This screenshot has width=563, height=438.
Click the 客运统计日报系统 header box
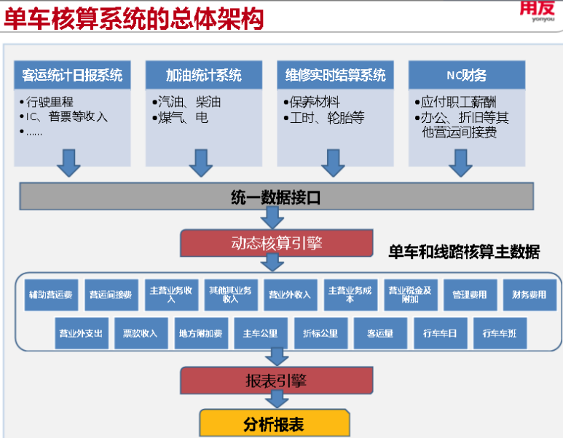(72, 75)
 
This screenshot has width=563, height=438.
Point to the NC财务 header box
(466, 75)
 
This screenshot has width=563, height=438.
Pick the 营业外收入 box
(289, 295)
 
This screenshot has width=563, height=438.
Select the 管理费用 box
(469, 295)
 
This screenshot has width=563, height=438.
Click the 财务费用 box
(529, 295)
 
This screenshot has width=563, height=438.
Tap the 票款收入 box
(140, 333)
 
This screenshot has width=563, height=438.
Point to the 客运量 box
(379, 333)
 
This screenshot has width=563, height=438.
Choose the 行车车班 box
(500, 333)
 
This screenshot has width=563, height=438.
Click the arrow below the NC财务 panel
(461, 163)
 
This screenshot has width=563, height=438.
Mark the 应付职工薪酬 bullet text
(461, 102)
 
